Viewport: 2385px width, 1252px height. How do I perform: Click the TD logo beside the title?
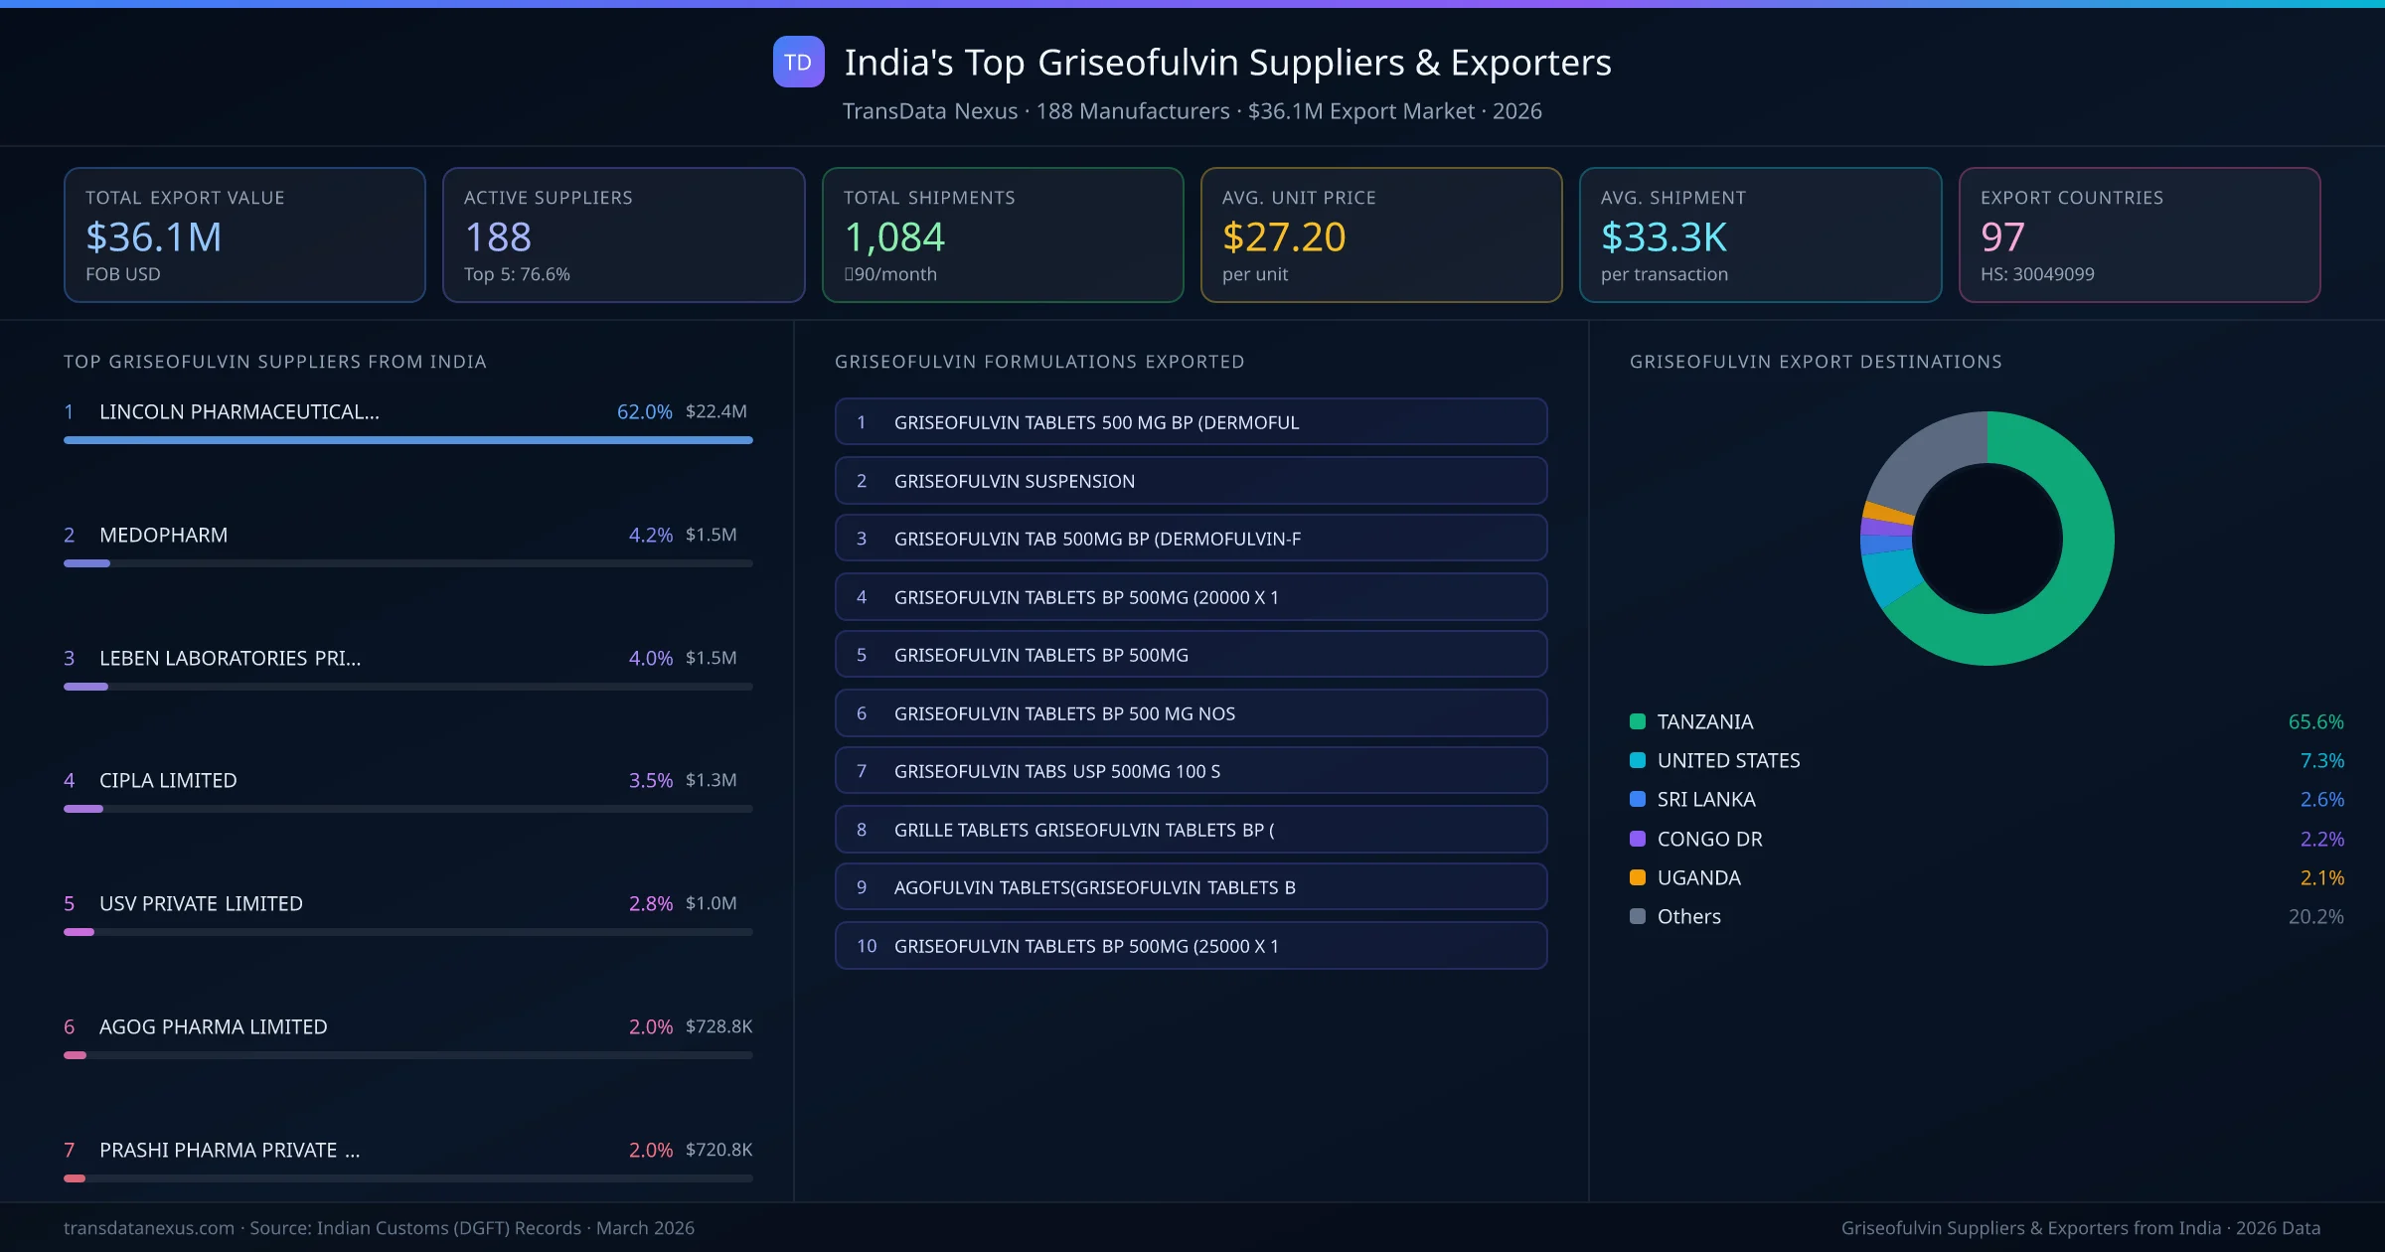coord(798,63)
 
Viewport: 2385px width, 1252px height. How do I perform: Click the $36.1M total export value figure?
coord(154,237)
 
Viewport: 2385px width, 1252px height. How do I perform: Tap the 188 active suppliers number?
coord(498,237)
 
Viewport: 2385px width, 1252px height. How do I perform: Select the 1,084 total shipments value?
coord(894,237)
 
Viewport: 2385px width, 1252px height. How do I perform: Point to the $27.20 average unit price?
coord(1283,237)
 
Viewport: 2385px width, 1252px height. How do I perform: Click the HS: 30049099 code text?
coord(2036,274)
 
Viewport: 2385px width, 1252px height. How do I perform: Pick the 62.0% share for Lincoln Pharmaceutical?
coord(644,411)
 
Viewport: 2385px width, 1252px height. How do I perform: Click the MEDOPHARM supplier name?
coord(163,535)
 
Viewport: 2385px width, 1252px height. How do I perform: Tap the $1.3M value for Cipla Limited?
coord(711,780)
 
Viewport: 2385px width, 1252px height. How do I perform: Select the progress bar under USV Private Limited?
coord(407,932)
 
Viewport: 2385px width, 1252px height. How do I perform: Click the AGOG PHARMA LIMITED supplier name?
coord(213,1026)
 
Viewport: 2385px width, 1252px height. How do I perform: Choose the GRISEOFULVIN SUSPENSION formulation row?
coord(1191,481)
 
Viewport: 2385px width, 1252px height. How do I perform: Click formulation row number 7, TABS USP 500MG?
coord(1191,771)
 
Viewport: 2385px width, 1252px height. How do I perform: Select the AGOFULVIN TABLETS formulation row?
coord(1191,887)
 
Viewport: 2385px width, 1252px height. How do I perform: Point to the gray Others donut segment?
coord(1923,457)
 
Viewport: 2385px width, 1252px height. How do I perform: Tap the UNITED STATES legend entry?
coord(1728,761)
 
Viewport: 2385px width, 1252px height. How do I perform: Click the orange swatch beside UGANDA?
coord(1638,877)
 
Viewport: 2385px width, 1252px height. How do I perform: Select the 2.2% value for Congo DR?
coord(2321,839)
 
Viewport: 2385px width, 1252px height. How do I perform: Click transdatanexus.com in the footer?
coord(149,1228)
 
